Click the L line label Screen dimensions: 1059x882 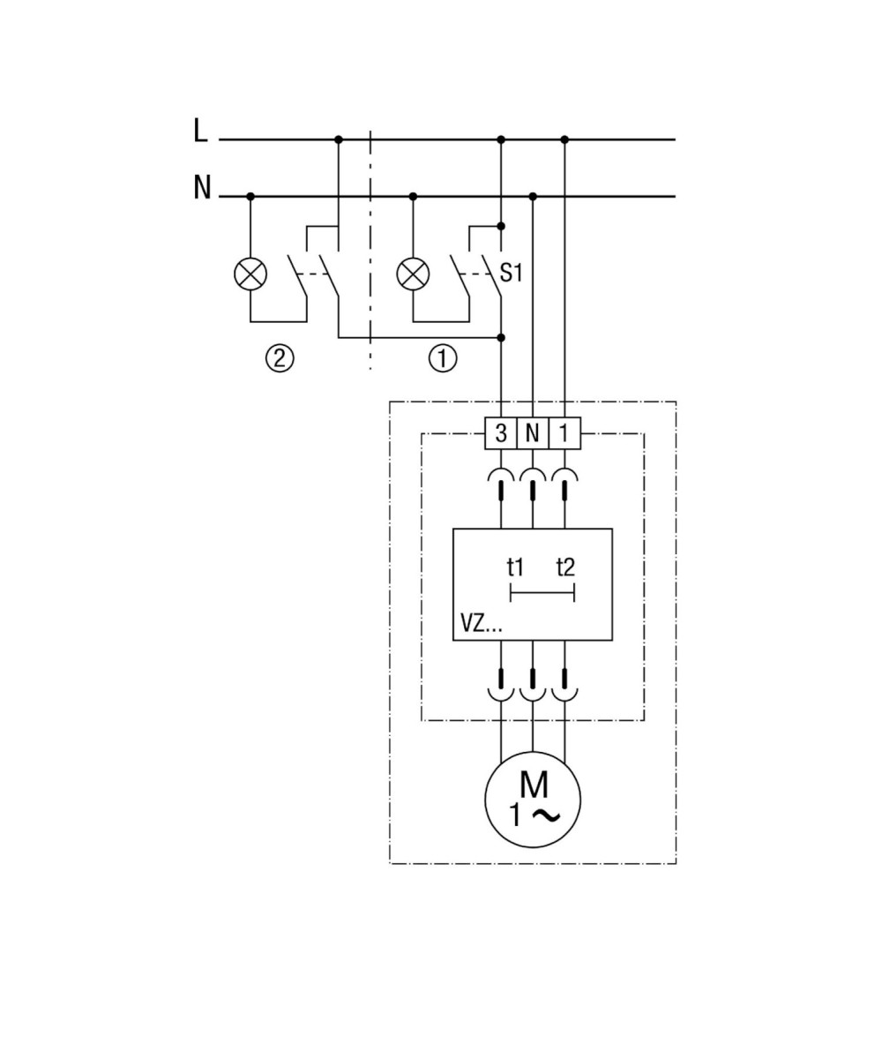point(200,131)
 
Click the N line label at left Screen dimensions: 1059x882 point(202,188)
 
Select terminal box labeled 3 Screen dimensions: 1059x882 point(501,433)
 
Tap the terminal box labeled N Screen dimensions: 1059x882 point(533,433)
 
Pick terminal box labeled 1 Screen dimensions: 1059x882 point(564,433)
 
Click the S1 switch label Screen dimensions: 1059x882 point(511,274)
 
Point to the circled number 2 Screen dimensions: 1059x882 point(280,359)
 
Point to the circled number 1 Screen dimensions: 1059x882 point(443,359)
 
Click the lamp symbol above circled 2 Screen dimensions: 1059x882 point(250,274)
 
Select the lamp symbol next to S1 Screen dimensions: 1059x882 point(413,274)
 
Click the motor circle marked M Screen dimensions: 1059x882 point(533,800)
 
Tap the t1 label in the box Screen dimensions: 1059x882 point(515,567)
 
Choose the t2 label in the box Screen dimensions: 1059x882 point(565,567)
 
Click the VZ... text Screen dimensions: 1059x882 point(481,625)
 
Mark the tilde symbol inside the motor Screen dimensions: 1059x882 point(547,816)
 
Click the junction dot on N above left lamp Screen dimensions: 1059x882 point(250,196)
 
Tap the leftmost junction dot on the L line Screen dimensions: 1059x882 point(339,139)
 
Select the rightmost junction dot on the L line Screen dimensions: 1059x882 point(564,139)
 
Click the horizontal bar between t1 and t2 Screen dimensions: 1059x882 point(542,593)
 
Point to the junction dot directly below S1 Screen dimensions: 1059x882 point(501,337)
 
